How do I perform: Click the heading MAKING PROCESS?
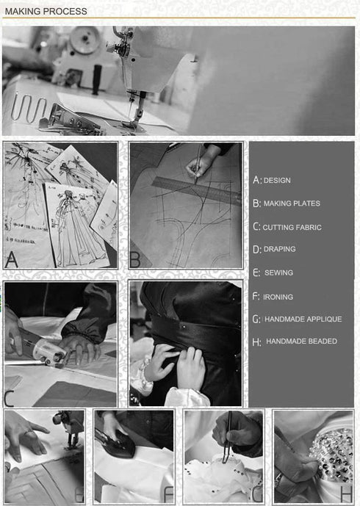tap(46, 11)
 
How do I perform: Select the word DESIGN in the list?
tap(277, 181)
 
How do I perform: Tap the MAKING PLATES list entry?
tap(292, 203)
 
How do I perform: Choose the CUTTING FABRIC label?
tap(292, 227)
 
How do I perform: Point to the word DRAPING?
tap(280, 249)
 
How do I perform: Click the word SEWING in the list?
tap(278, 272)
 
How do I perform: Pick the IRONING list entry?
tap(278, 297)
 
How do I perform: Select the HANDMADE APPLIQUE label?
tap(303, 319)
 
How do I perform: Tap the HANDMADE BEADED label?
tap(301, 341)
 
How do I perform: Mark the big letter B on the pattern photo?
tap(135, 259)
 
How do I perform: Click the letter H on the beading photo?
tap(346, 494)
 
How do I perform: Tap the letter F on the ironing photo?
tap(168, 494)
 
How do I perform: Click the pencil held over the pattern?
tap(198, 162)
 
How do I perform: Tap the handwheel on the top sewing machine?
tap(85, 39)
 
